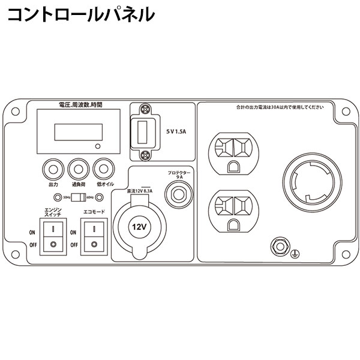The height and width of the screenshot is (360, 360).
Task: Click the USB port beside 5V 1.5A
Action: tap(144, 132)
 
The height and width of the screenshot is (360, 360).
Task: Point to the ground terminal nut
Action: tap(278, 245)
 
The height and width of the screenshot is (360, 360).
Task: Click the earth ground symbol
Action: tap(294, 254)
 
